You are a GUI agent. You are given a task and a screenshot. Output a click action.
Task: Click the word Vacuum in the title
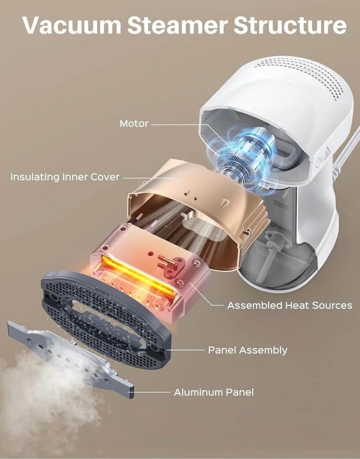click(72, 25)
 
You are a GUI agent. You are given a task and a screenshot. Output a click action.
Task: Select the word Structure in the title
click(290, 25)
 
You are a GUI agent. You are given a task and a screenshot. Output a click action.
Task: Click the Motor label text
click(134, 123)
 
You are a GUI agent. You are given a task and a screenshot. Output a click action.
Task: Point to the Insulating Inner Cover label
click(65, 177)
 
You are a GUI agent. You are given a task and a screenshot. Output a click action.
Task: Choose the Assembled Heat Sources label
click(289, 306)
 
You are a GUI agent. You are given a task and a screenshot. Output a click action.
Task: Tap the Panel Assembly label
click(248, 350)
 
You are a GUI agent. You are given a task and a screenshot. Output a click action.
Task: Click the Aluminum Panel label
click(214, 392)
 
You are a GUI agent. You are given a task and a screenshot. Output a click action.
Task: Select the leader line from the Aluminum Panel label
click(152, 392)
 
